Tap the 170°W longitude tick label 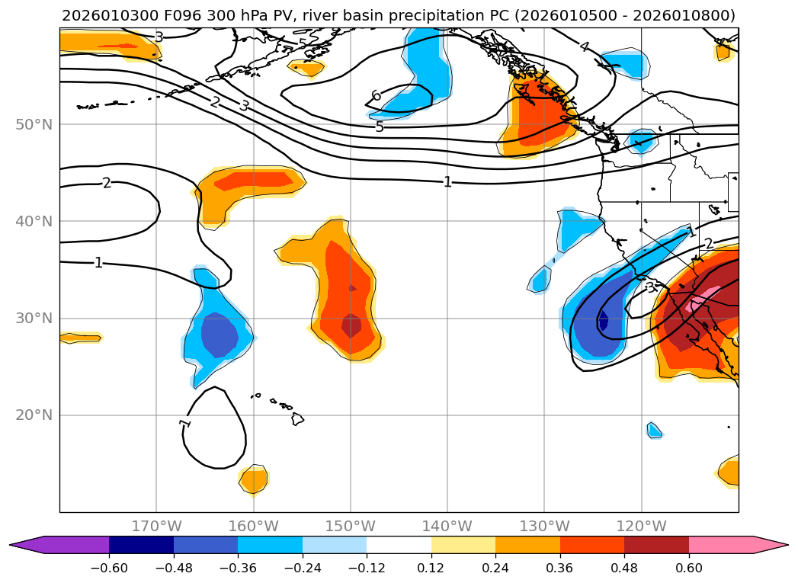[156, 526]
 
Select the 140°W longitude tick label [447, 526]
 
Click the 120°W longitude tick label [642, 526]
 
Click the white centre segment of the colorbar [399, 544]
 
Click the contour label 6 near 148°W [376, 96]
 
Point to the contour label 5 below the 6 [380, 127]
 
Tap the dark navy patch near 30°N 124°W [603, 321]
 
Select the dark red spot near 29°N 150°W [351, 325]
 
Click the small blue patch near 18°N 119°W [654, 430]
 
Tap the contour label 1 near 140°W [448, 181]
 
